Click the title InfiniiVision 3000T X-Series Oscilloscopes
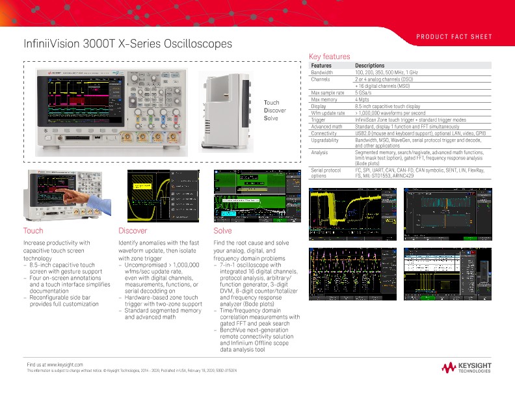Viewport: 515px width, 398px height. pyautogui.click(x=127, y=44)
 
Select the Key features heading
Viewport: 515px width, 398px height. pyautogui.click(x=329, y=57)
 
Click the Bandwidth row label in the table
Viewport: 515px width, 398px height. pyautogui.click(x=322, y=73)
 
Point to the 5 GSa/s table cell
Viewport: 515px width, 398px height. pyautogui.click(x=364, y=93)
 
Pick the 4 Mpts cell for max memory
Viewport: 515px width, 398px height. pyautogui.click(x=362, y=99)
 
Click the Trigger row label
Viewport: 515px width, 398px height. pyautogui.click(x=319, y=120)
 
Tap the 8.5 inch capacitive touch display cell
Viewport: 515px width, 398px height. pyautogui.click(x=388, y=106)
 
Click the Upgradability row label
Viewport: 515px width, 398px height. pyautogui.click(x=324, y=140)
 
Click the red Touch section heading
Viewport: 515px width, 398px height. pyautogui.click(x=33, y=231)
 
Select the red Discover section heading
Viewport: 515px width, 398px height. pyautogui.click(x=133, y=231)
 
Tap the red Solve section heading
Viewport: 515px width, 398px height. pyautogui.click(x=222, y=231)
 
